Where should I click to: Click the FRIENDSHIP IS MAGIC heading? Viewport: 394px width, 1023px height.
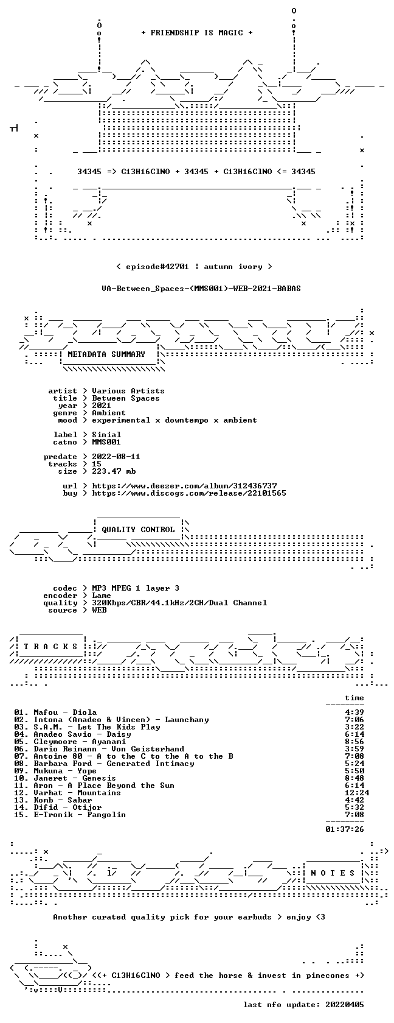tap(196, 33)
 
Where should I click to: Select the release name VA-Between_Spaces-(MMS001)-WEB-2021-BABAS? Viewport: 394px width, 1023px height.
tap(201, 289)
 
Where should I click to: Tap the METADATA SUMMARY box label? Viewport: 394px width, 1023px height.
tap(106, 354)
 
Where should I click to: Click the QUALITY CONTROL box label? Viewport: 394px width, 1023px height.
tap(138, 530)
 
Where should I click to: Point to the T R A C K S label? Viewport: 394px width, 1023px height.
tap(50, 647)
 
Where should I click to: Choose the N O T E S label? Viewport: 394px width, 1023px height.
tap(333, 873)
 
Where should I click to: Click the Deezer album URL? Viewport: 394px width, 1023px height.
tap(185, 486)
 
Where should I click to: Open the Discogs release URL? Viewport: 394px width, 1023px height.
tap(189, 493)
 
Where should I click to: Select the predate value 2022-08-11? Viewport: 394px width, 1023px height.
tap(116, 457)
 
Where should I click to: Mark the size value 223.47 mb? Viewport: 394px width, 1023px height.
tap(114, 471)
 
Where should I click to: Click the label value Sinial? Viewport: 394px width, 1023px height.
tap(107, 435)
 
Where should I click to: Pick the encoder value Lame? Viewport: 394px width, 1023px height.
tap(102, 596)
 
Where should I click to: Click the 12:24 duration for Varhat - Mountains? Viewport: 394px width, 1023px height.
tap(357, 793)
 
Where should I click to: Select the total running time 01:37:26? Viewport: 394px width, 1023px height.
tap(345, 829)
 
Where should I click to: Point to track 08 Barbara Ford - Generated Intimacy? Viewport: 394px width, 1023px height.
tap(114, 764)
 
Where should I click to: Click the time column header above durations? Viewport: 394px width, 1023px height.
tap(354, 698)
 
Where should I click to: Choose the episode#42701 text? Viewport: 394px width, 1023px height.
tap(157, 267)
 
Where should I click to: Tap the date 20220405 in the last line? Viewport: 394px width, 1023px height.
tap(345, 1005)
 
